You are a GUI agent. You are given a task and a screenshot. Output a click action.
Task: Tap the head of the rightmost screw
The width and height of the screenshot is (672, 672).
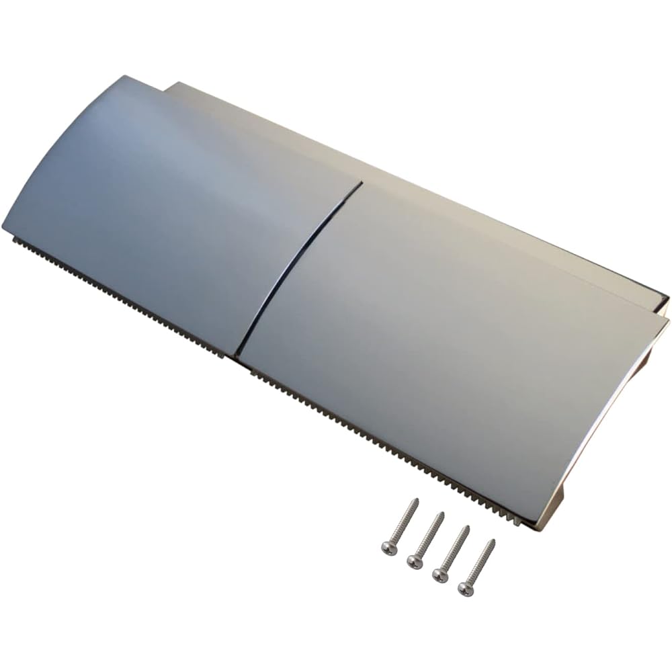466,589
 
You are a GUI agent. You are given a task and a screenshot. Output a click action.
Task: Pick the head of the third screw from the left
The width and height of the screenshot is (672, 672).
441,575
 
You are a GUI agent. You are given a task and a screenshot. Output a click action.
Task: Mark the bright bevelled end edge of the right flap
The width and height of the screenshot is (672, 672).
605,430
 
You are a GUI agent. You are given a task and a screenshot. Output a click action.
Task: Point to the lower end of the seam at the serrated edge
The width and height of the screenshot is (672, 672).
237,354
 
